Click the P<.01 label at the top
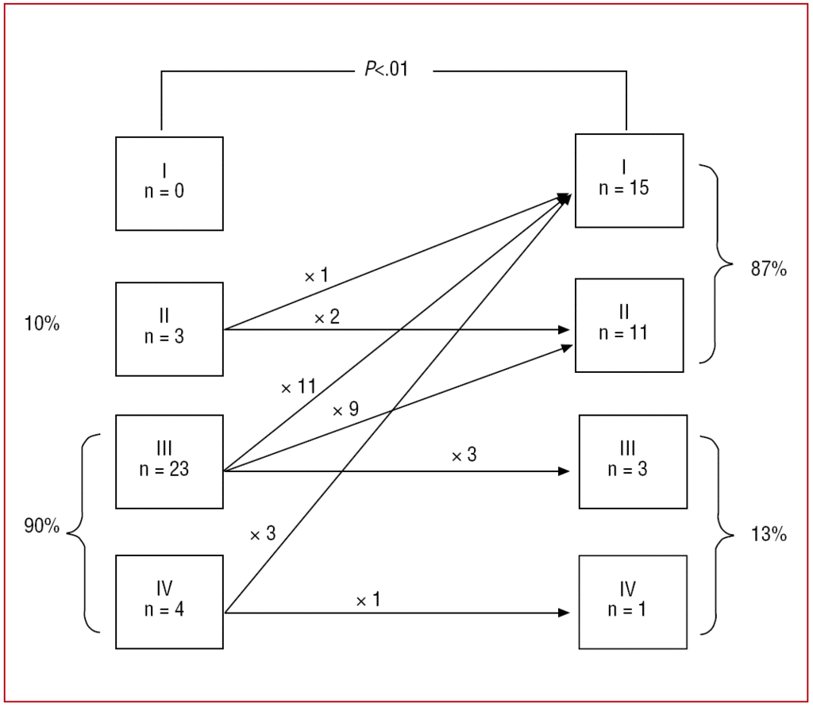387,70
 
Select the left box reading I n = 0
169,183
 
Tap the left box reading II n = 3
169,329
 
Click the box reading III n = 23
169,461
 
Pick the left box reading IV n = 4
169,601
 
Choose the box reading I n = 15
629,180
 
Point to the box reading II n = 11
629,325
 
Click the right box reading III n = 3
633,461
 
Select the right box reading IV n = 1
633,601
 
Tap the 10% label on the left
41,325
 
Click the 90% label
41,526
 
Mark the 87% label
768,269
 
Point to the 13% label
768,535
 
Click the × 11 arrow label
299,388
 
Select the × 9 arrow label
345,410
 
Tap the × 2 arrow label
326,318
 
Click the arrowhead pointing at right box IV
564,613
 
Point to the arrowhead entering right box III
564,471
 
